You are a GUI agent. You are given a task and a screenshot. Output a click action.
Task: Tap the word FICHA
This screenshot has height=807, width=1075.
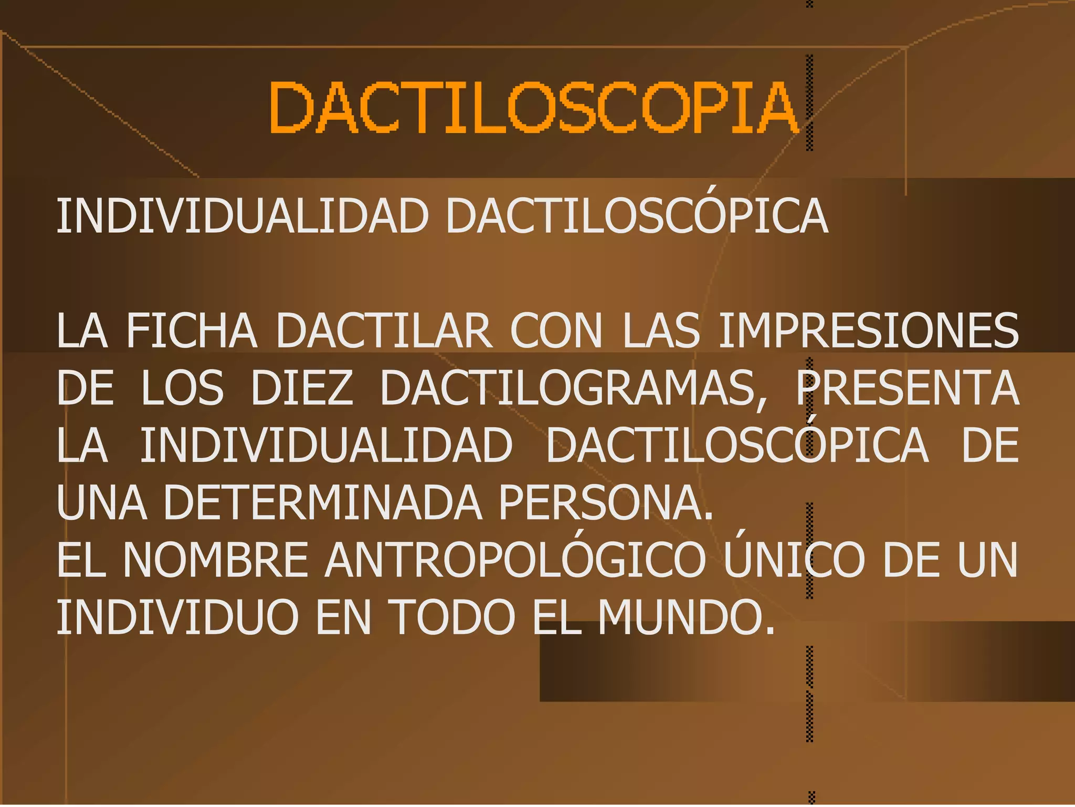(192, 331)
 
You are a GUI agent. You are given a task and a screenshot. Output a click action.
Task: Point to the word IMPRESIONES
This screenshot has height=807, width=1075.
(868, 331)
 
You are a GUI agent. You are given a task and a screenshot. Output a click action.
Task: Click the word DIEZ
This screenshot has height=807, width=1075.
(302, 388)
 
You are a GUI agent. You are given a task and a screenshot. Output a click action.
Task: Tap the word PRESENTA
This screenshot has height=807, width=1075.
(907, 388)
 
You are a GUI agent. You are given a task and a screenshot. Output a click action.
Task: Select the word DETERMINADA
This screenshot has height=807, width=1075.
(323, 503)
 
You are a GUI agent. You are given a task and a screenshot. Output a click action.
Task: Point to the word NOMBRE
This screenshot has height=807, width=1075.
(216, 560)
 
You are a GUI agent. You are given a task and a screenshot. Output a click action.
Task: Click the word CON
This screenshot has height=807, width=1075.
(556, 331)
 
